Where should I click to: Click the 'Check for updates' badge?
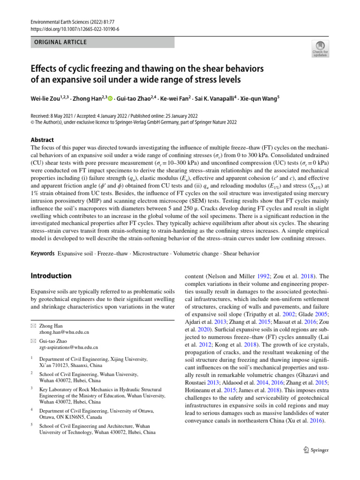point(321,49)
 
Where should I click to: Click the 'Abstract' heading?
point(42,140)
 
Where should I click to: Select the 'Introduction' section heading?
point(51,276)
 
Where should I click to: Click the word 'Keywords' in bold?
point(42,254)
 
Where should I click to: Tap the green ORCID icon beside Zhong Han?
point(111,98)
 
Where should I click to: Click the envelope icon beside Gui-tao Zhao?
point(33,341)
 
